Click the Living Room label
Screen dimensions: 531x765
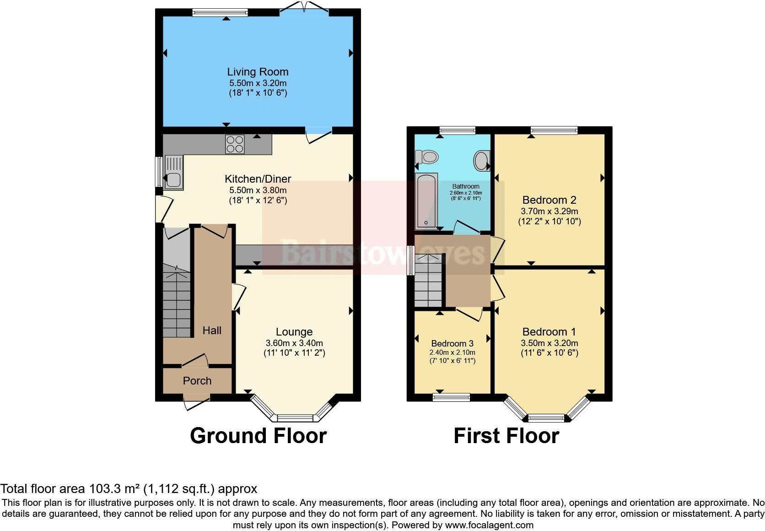pyautogui.click(x=258, y=72)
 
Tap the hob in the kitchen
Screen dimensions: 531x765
pyautogui.click(x=235, y=144)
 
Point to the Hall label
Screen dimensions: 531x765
pyautogui.click(x=212, y=331)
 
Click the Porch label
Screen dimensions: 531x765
pyautogui.click(x=197, y=381)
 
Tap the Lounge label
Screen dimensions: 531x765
pyautogui.click(x=294, y=332)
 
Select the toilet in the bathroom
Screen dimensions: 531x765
pyautogui.click(x=426, y=157)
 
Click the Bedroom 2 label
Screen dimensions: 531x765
pyautogui.click(x=549, y=200)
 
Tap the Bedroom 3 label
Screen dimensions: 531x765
pyautogui.click(x=452, y=343)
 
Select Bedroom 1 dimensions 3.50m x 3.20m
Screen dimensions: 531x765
pyautogui.click(x=549, y=343)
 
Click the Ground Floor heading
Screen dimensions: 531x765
pyautogui.click(x=258, y=436)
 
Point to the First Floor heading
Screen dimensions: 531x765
pyautogui.click(x=506, y=436)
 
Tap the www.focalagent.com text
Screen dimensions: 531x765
pyautogui.click(x=489, y=525)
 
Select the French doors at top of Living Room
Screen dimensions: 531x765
pyautogui.click(x=304, y=10)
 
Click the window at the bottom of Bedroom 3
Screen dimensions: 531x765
pyautogui.click(x=451, y=397)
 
